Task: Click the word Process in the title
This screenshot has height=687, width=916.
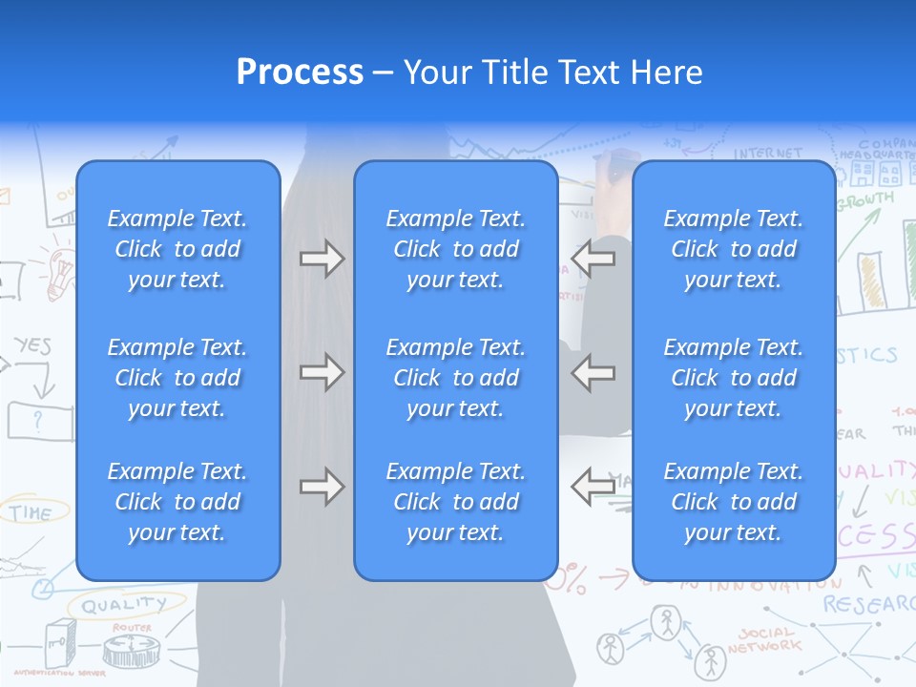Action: tap(300, 73)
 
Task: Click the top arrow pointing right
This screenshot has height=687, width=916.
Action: tap(322, 259)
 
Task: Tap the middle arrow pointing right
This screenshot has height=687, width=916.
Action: tap(322, 372)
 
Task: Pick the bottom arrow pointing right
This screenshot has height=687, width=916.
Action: tap(322, 487)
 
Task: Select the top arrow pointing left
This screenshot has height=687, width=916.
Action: tap(593, 259)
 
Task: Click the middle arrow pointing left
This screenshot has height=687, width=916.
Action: tap(593, 372)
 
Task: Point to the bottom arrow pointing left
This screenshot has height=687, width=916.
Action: tap(593, 487)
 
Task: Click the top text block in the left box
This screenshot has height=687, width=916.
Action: tap(177, 249)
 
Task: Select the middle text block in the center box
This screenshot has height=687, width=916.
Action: tap(456, 378)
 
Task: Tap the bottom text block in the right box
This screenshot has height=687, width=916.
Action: tap(734, 502)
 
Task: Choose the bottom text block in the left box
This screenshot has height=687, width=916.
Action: tap(177, 502)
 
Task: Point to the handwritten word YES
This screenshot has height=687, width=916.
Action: tap(32, 345)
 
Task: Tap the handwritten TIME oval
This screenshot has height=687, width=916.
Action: tap(31, 512)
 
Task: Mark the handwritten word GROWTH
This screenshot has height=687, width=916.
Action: tap(865, 200)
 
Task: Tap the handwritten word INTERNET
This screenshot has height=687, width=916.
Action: tap(768, 153)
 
